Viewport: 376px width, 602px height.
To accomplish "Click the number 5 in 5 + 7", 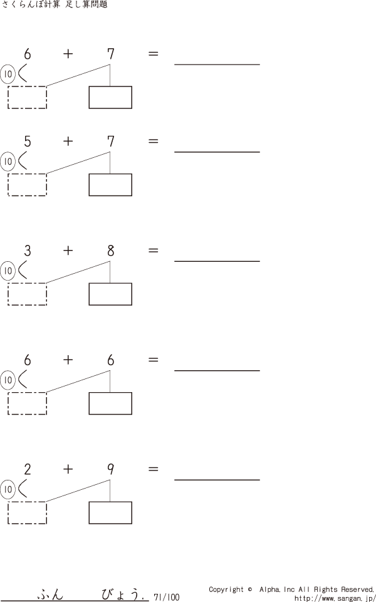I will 27,142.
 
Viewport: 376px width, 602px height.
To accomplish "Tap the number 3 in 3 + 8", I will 27,251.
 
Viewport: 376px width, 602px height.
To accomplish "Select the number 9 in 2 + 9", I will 110,470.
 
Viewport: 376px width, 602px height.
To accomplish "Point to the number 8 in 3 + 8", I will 110,251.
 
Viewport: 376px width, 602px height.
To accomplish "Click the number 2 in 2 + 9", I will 27,470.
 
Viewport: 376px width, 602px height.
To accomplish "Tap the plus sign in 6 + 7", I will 68,54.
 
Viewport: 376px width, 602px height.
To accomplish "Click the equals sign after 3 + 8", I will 153,251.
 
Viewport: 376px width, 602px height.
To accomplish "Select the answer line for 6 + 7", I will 217,64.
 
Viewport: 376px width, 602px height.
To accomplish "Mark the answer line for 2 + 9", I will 217,480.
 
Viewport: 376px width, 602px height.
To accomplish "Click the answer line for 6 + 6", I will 217,370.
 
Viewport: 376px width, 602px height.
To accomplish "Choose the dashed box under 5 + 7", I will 27,184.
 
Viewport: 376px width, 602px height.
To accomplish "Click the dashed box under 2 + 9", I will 27,512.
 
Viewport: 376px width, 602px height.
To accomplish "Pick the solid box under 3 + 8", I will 110,294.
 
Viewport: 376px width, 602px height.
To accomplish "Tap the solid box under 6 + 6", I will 110,403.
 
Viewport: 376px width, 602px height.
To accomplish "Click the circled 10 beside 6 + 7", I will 8,75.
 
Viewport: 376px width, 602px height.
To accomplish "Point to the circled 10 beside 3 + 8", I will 8,271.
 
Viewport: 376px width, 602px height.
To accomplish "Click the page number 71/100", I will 166,597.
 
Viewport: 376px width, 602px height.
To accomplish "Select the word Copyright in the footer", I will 226,589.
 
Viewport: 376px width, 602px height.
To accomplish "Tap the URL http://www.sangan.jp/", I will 334,598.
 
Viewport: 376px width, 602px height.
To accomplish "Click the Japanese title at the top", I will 55,4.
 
